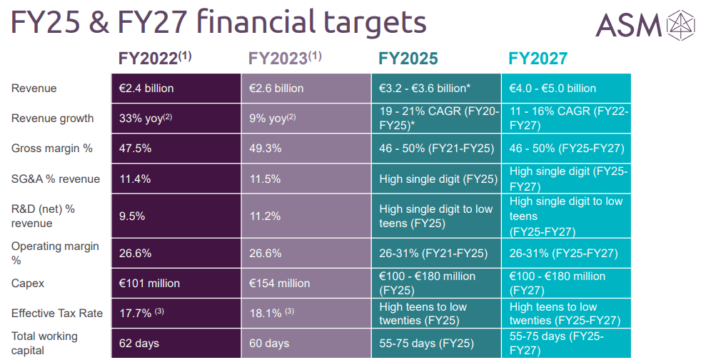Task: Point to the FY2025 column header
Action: coord(408,59)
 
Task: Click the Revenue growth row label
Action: coord(53,119)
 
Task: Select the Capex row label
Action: coord(28,284)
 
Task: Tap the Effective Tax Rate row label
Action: coord(57,314)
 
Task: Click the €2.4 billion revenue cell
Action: coord(146,89)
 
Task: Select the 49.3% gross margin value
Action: coord(265,149)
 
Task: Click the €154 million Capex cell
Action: coord(279,284)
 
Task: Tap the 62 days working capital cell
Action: coord(139,344)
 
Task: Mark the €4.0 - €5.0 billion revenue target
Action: coord(553,89)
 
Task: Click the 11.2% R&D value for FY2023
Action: coord(265,216)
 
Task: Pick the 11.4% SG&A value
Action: coord(135,179)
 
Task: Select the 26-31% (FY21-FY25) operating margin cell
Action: coord(433,254)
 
